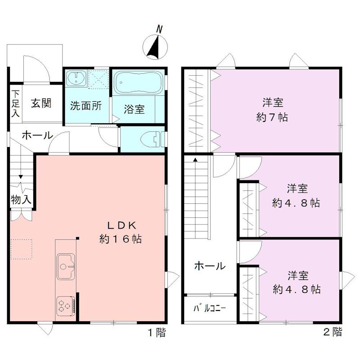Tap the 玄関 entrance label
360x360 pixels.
pyautogui.click(x=41, y=103)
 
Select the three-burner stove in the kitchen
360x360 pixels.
pyautogui.click(x=67, y=307)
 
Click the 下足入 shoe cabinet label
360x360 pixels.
pyautogui.click(x=16, y=103)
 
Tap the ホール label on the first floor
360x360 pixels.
pyautogui.click(x=37, y=135)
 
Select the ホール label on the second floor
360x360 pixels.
pyautogui.click(x=210, y=266)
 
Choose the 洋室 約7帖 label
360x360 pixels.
pyautogui.click(x=273, y=110)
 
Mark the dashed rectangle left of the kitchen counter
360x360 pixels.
pyautogui.click(x=22, y=249)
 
